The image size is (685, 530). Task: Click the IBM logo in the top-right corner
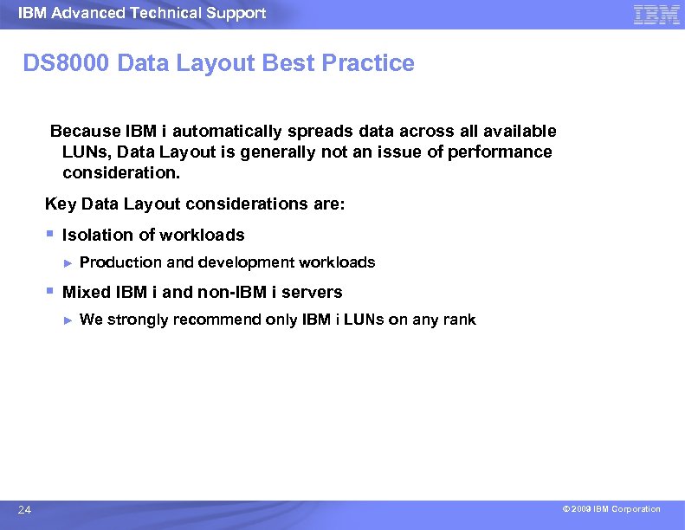656,15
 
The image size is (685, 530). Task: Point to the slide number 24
24,510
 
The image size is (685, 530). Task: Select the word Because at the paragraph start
85,132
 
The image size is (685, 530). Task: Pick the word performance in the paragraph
500,152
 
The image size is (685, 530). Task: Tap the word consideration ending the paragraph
120,173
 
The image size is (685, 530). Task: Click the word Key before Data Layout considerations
60,204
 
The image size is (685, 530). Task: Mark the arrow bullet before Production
68,262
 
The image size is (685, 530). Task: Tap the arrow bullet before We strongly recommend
68,320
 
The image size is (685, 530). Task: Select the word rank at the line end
459,320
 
